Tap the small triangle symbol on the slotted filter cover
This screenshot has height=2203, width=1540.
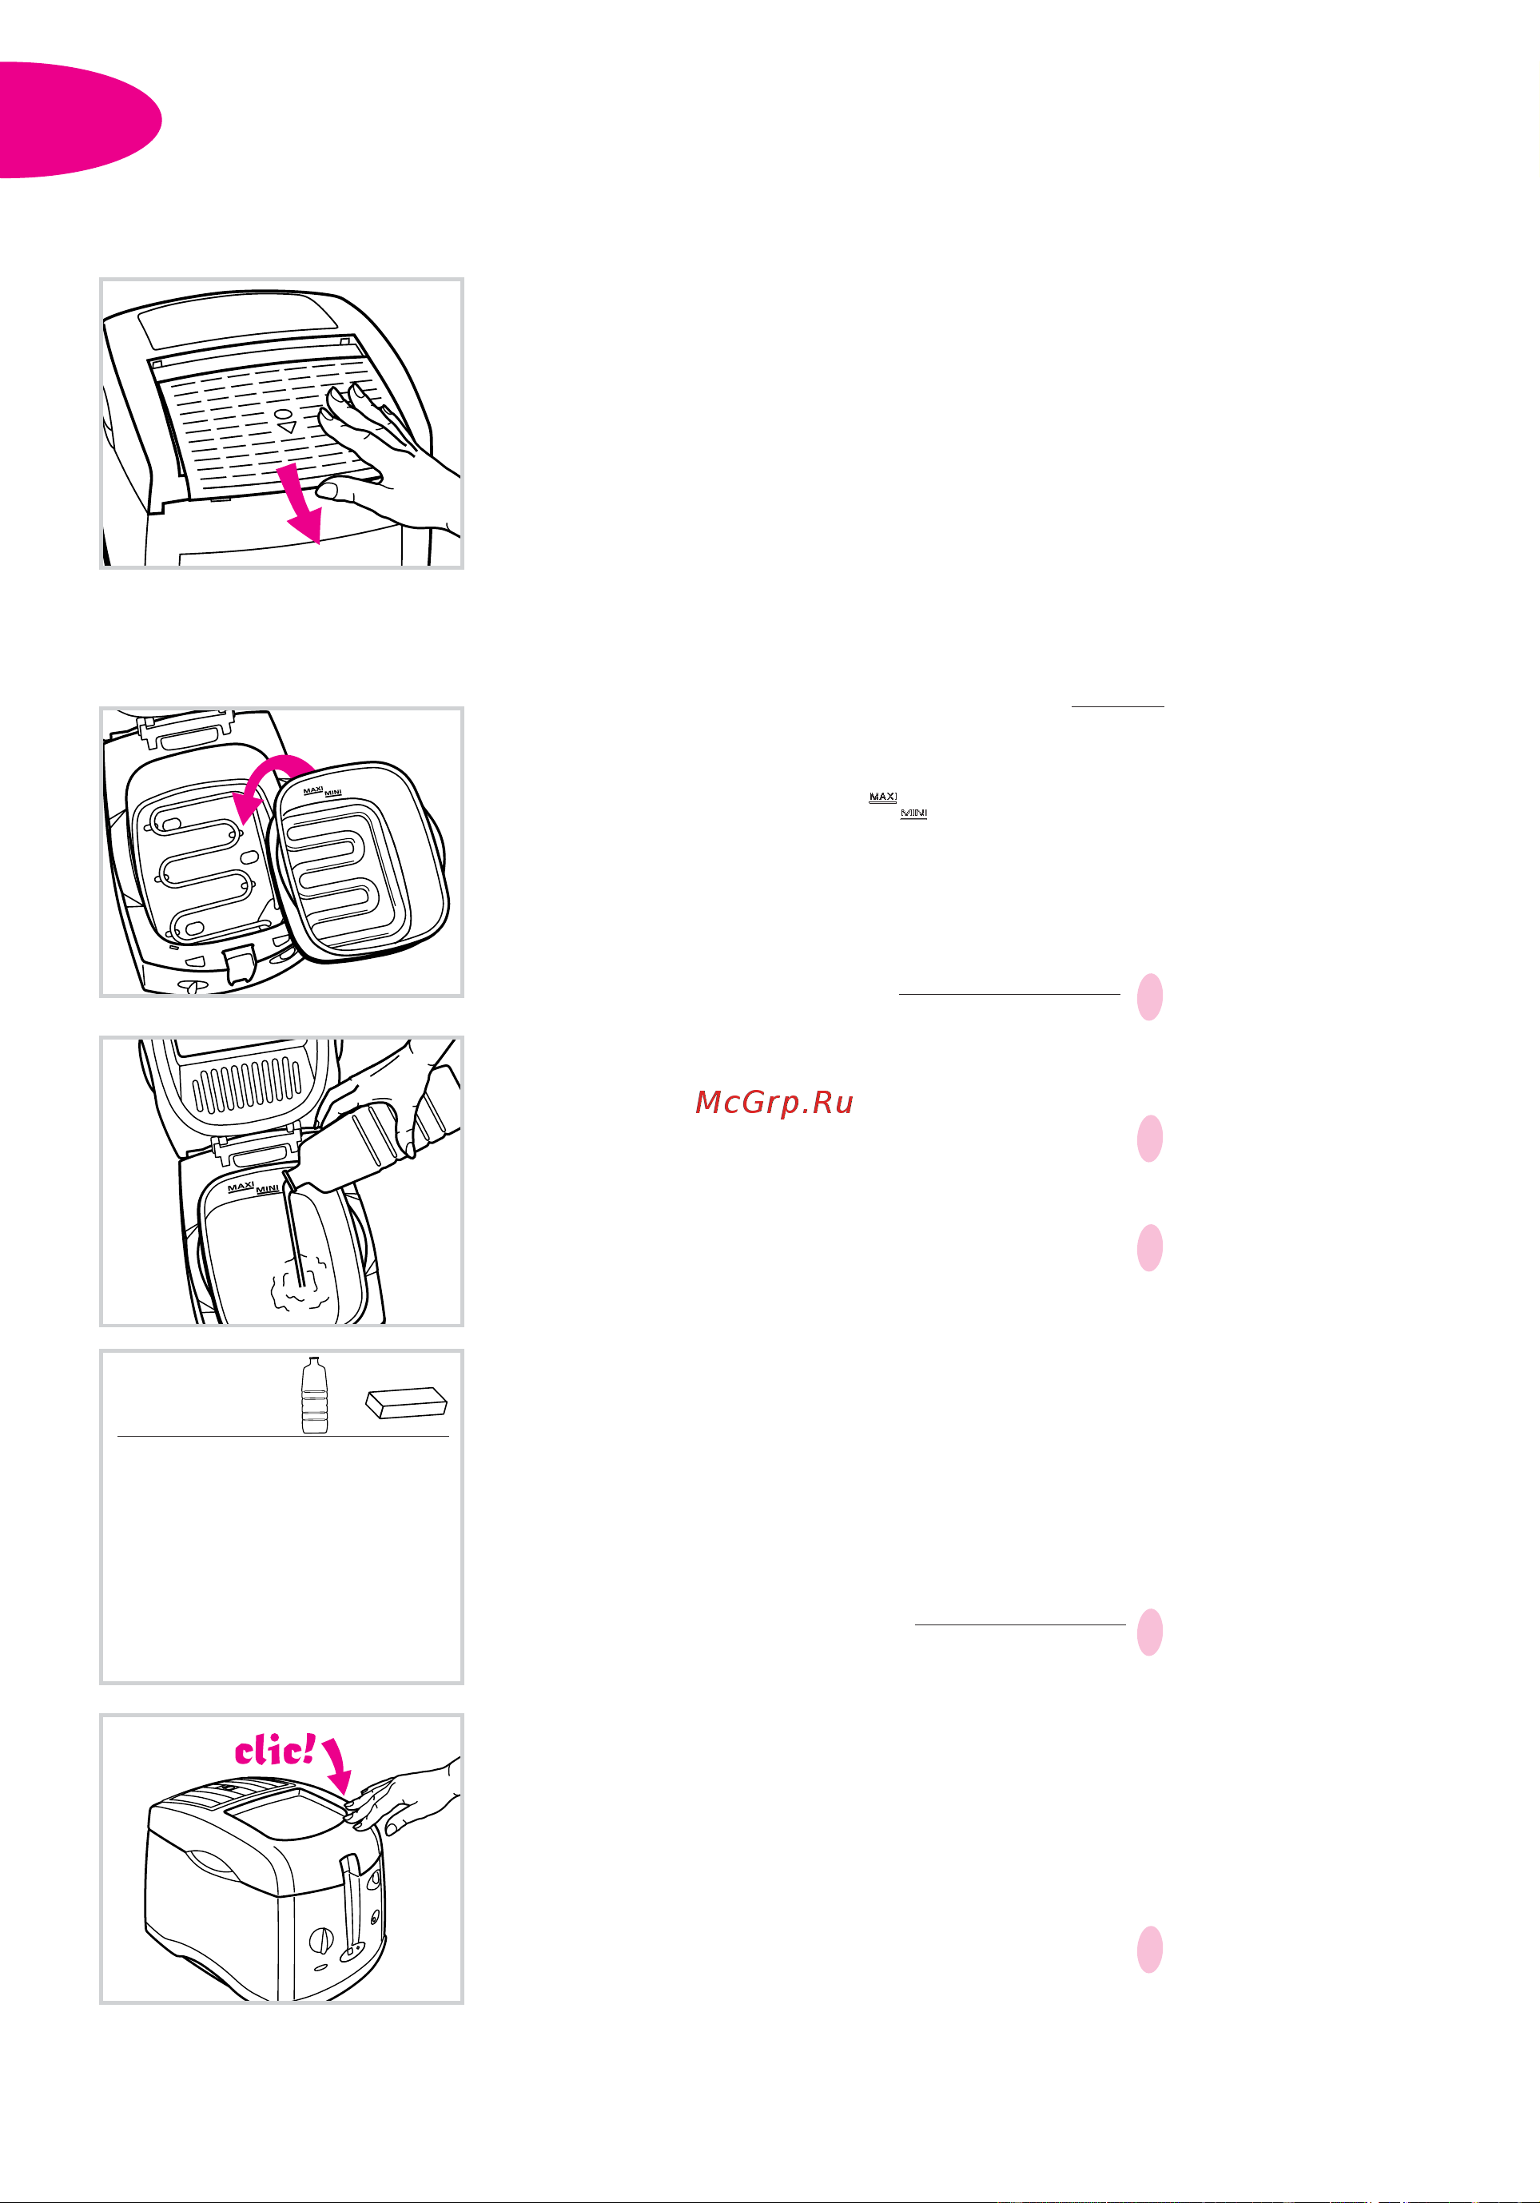tap(287, 427)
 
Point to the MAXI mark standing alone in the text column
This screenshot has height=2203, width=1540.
tap(883, 797)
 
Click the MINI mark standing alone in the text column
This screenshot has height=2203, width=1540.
tap(913, 813)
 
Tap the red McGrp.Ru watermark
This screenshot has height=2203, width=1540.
tap(774, 1103)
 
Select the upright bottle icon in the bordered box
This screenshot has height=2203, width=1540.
tap(315, 1395)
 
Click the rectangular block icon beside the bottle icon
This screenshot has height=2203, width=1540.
tap(407, 1402)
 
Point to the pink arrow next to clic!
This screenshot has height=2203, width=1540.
tap(336, 1764)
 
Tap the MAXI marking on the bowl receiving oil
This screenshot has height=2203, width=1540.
tap(241, 1187)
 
